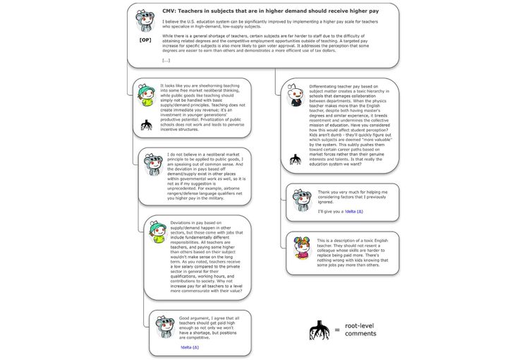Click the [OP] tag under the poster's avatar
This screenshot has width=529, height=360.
(x=145, y=41)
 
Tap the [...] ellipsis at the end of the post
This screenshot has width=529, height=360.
(x=166, y=61)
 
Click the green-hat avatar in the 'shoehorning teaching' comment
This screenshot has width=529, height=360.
(x=147, y=94)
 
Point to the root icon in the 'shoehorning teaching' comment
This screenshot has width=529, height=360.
(x=147, y=126)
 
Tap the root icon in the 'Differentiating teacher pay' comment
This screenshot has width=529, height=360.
(x=296, y=160)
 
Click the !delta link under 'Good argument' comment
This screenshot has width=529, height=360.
(x=190, y=348)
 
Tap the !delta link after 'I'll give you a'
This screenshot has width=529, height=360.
(x=352, y=212)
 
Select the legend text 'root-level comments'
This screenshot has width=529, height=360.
(x=360, y=329)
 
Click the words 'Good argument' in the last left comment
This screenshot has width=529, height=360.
(x=195, y=318)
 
